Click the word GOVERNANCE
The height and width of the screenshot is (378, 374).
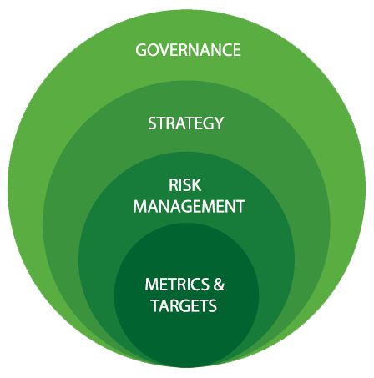[188, 50]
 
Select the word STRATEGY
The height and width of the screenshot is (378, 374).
[185, 123]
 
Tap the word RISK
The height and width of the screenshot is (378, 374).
[184, 185]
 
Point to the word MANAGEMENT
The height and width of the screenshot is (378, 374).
[189, 206]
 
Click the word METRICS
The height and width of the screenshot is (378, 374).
[177, 285]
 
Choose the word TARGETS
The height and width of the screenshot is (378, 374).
[184, 305]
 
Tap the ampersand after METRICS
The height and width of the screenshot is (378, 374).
[219, 285]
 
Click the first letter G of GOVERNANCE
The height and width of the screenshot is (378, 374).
[141, 50]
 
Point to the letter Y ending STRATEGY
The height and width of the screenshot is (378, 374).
[218, 123]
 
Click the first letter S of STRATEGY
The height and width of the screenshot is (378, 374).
[152, 123]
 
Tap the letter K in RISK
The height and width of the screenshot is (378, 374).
[196, 185]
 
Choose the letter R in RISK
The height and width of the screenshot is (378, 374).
[174, 185]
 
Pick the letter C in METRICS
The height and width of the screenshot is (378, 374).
[195, 285]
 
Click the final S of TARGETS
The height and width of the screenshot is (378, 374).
[212, 305]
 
